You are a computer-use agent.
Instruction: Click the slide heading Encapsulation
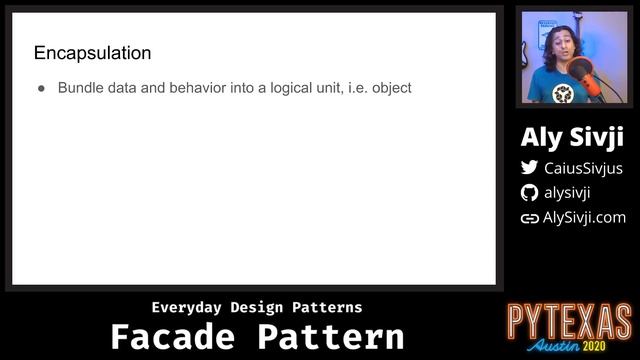(x=92, y=52)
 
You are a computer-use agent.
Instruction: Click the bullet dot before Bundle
(x=42, y=88)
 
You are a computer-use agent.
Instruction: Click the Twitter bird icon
(x=529, y=168)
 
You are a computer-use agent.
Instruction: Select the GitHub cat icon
(x=529, y=193)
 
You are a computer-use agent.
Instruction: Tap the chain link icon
(x=529, y=218)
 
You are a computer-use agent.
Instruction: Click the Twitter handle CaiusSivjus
(x=582, y=168)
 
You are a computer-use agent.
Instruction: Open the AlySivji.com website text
(x=584, y=217)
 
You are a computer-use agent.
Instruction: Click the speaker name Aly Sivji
(x=571, y=138)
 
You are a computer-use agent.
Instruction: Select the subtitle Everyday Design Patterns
(x=257, y=307)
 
